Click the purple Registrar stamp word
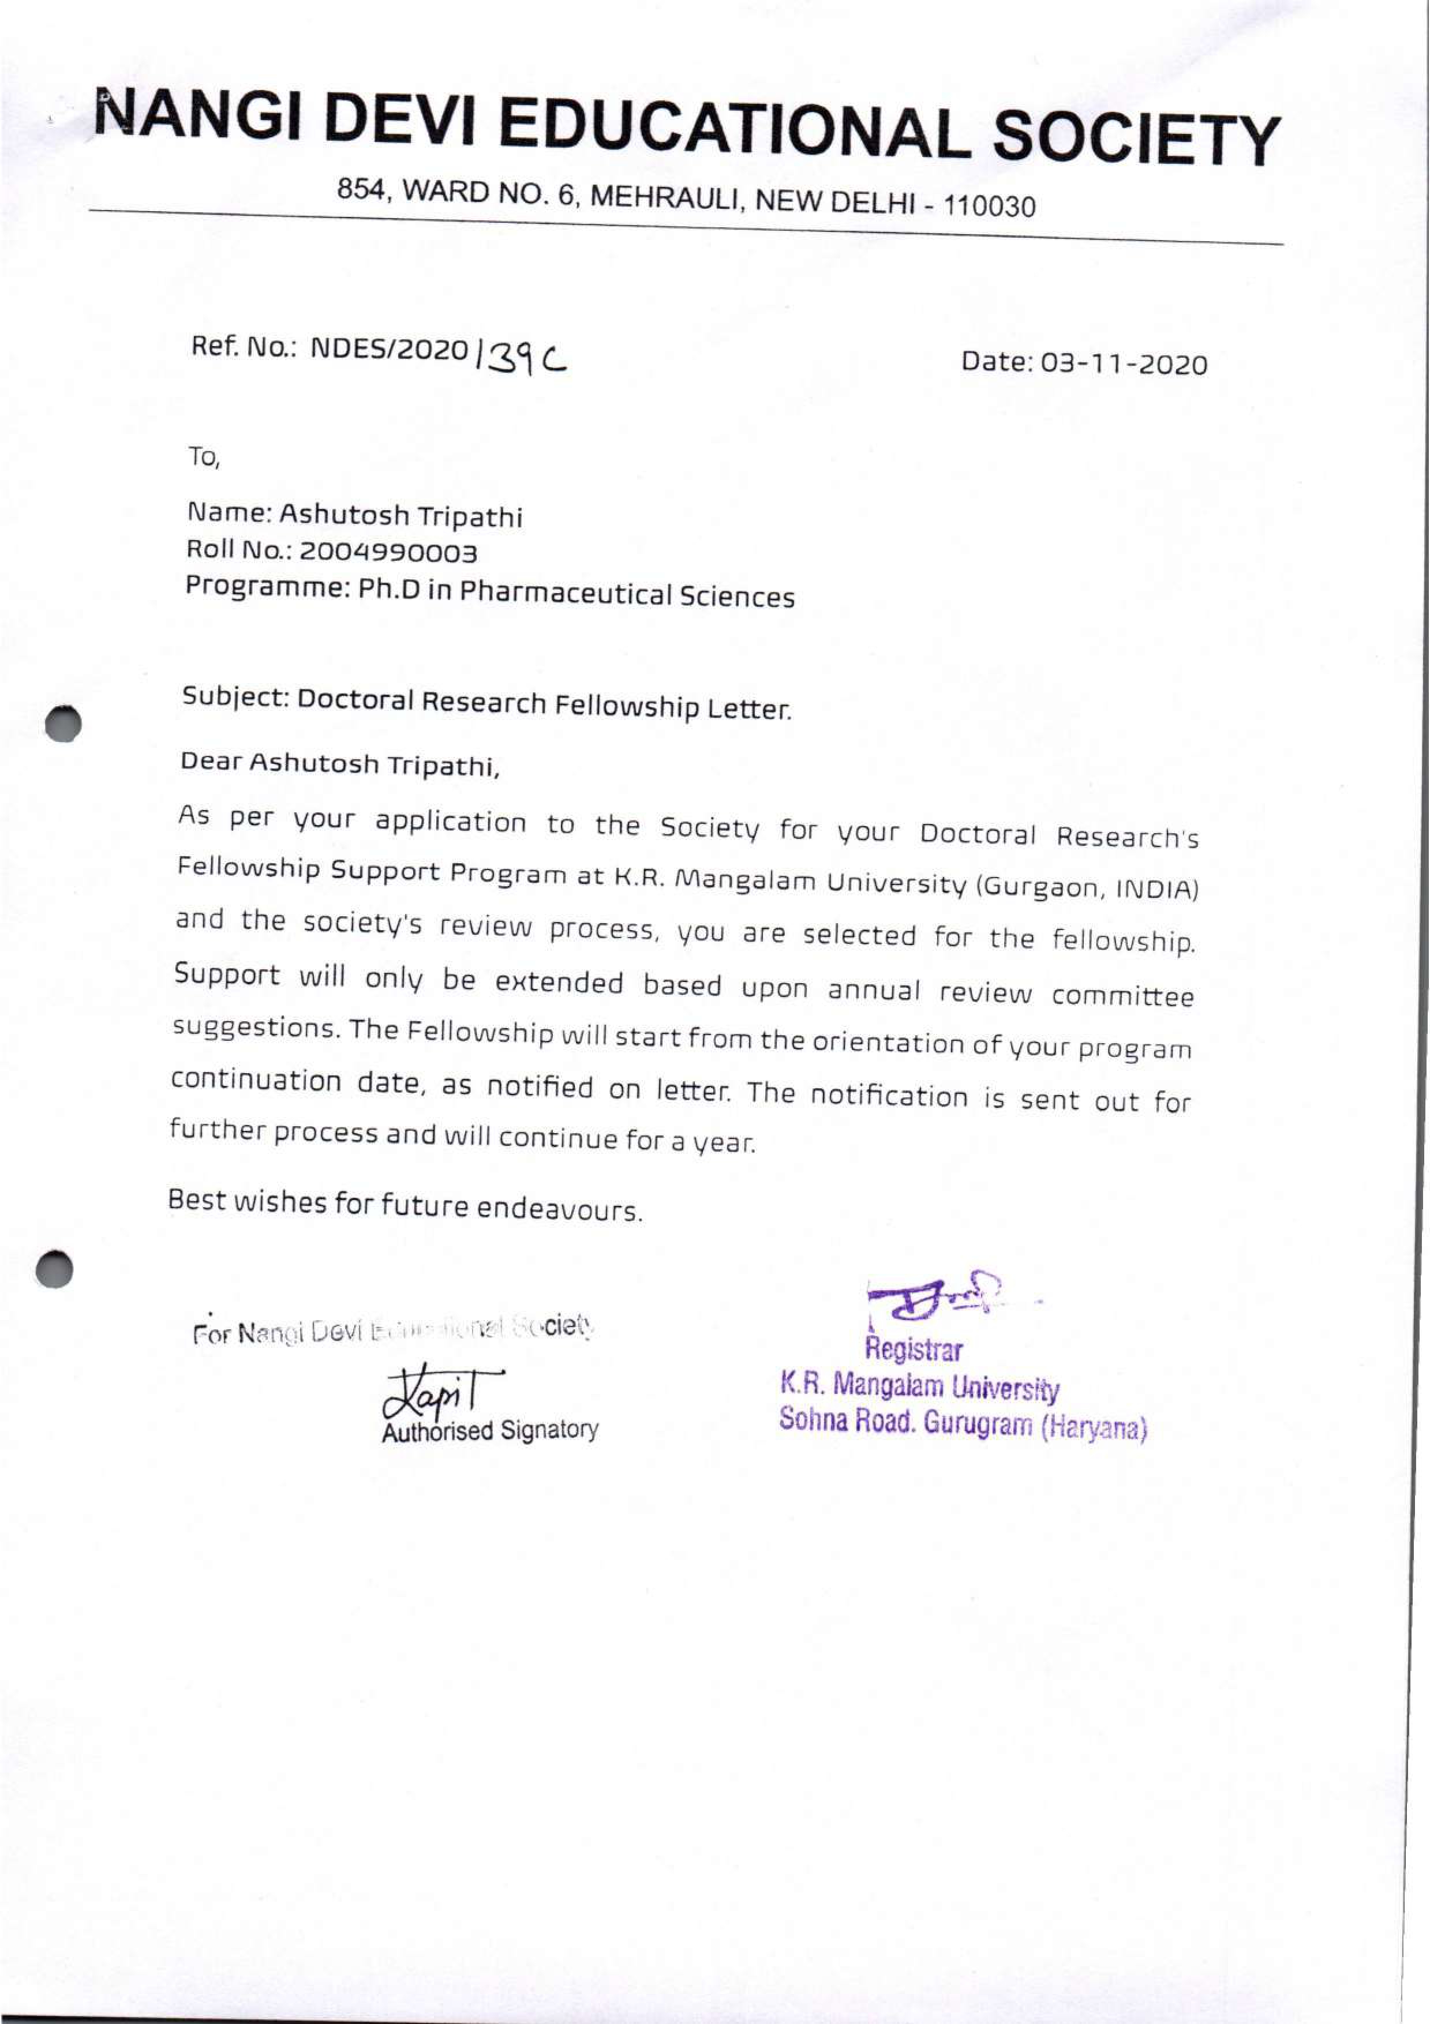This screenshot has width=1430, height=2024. tap(914, 1350)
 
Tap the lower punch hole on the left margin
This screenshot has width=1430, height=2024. tap(55, 1269)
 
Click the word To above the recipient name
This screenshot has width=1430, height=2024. tap(203, 458)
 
